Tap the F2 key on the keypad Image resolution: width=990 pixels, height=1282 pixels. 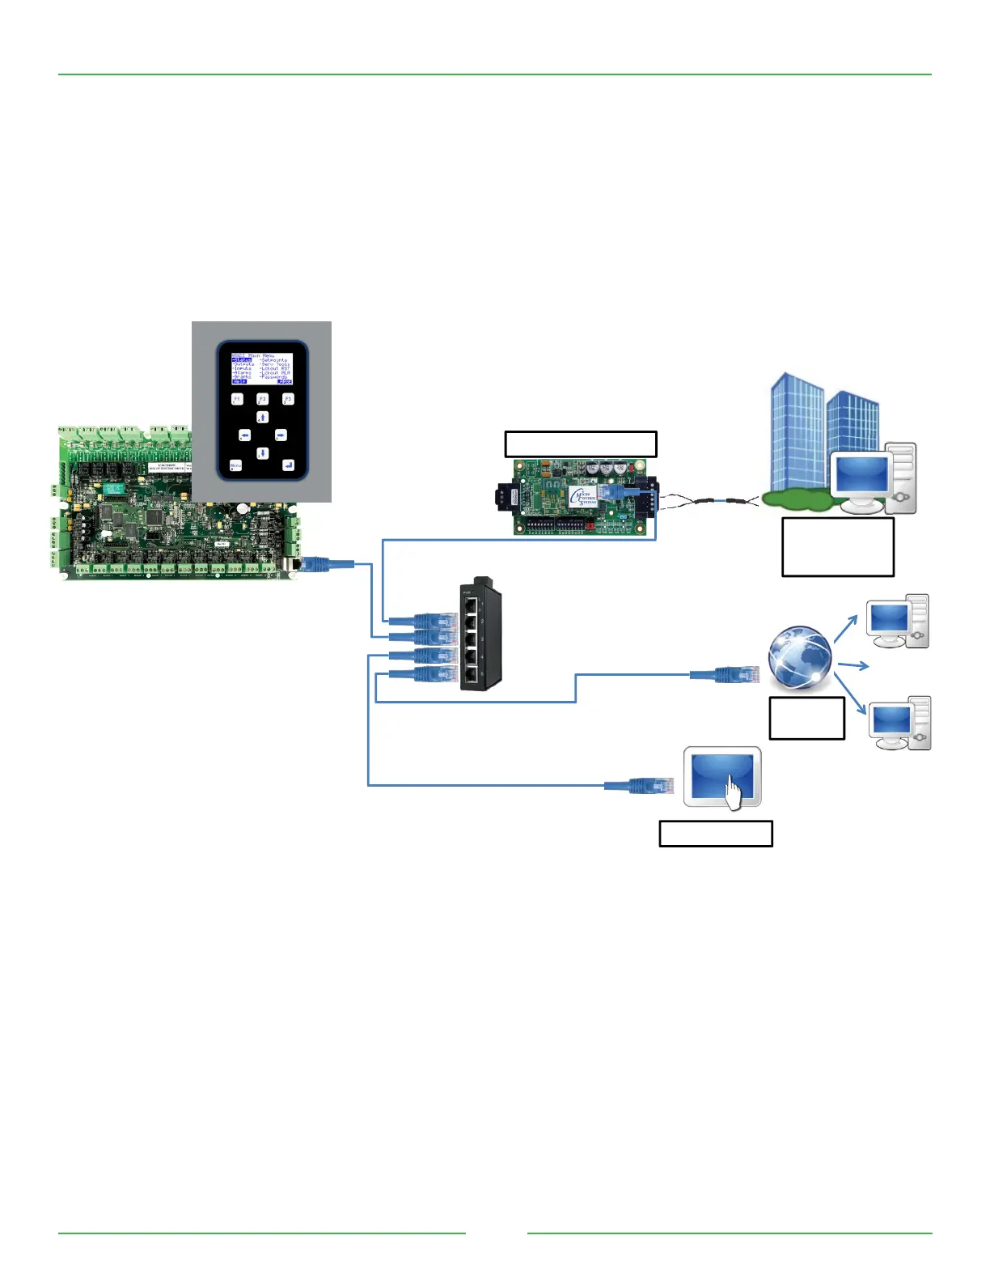(262, 399)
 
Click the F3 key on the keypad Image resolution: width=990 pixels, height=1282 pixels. (288, 399)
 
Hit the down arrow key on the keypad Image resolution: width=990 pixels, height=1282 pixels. (262, 453)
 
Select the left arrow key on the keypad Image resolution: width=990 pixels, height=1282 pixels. (244, 435)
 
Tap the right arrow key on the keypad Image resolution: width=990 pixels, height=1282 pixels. (281, 435)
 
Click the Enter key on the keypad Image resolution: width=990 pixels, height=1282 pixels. (288, 465)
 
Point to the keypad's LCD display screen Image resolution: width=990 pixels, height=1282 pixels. (261, 368)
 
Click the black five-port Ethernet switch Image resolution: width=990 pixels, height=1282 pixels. (480, 635)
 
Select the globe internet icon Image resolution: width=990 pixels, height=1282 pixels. (799, 658)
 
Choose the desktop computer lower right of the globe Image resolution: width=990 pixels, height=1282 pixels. (899, 723)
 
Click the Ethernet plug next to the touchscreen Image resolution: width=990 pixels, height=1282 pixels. (651, 785)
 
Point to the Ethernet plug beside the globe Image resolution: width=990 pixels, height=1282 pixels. (735, 673)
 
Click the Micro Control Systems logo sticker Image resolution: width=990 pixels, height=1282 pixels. (583, 496)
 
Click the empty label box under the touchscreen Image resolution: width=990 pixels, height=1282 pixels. (716, 834)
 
